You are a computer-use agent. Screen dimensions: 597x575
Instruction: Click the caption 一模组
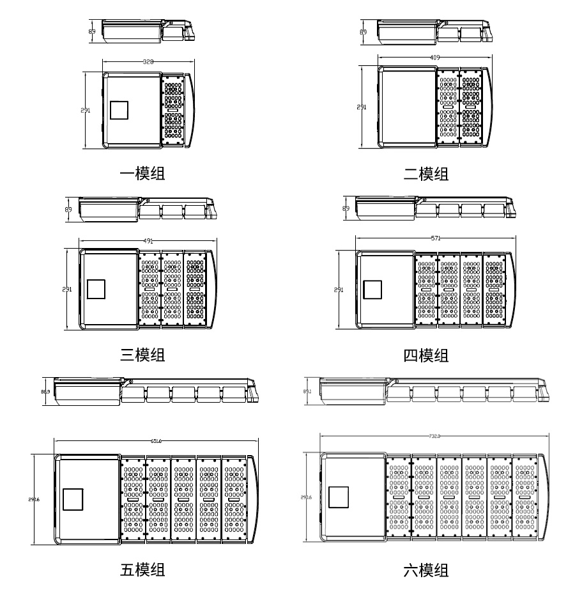pyautogui.click(x=142, y=173)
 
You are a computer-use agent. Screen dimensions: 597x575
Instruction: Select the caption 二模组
pyautogui.click(x=426, y=173)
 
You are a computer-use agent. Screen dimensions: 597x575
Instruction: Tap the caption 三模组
pyautogui.click(x=142, y=355)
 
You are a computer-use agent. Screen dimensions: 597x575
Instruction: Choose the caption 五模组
pyautogui.click(x=142, y=569)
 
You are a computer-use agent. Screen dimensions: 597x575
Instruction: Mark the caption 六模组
pyautogui.click(x=426, y=570)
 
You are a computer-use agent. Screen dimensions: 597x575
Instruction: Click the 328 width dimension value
pyautogui.click(x=148, y=62)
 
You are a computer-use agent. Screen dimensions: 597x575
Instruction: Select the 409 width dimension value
pyautogui.click(x=435, y=58)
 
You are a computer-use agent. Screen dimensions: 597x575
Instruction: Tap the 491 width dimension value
pyautogui.click(x=148, y=241)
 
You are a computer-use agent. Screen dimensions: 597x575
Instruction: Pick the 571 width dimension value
pyautogui.click(x=436, y=238)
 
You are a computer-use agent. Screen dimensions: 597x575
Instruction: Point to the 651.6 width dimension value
pyautogui.click(x=155, y=440)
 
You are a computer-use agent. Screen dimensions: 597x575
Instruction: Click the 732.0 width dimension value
pyautogui.click(x=434, y=436)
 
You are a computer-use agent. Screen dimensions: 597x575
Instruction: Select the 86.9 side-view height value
pyautogui.click(x=45, y=392)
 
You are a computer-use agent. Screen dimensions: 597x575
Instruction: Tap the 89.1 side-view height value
pyautogui.click(x=307, y=391)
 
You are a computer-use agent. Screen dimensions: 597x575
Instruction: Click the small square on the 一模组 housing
pyautogui.click(x=119, y=110)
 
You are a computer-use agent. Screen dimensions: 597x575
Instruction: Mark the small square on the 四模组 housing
pyautogui.click(x=372, y=290)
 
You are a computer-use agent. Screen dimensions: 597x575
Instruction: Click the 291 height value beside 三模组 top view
pyautogui.click(x=66, y=290)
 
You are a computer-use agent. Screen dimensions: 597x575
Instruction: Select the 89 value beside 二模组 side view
pyautogui.click(x=364, y=31)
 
